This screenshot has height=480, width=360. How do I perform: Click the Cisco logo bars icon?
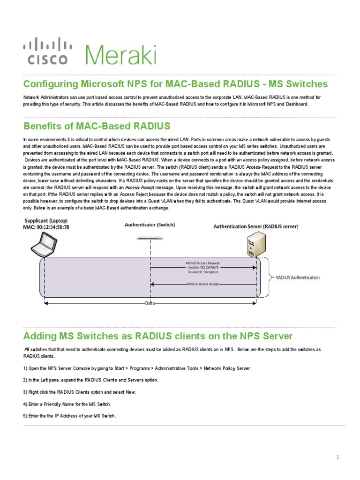(x=47, y=45)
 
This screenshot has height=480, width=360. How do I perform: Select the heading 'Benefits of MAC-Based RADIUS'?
(x=97, y=126)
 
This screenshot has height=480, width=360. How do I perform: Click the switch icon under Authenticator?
(x=150, y=239)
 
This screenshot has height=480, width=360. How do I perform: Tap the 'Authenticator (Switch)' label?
(x=150, y=225)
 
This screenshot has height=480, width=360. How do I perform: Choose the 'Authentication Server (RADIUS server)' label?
(x=255, y=226)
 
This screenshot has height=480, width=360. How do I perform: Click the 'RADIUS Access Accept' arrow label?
(x=202, y=284)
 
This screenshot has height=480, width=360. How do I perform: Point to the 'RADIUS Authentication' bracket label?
(x=297, y=277)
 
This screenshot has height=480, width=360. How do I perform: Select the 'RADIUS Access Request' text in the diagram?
(x=202, y=263)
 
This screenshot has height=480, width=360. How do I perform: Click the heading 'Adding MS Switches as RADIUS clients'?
(x=157, y=336)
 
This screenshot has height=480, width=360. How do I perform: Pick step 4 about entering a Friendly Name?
(x=67, y=404)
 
